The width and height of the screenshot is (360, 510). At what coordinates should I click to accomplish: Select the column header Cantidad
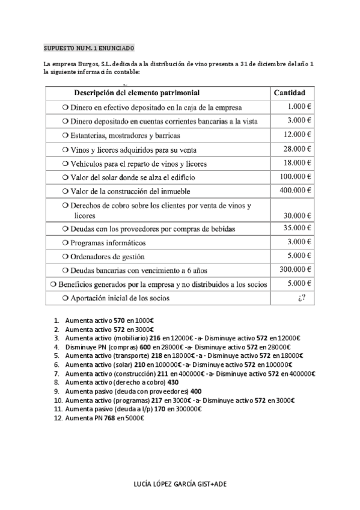pos(289,93)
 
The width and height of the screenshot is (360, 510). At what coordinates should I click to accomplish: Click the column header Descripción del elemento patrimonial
pos(136,93)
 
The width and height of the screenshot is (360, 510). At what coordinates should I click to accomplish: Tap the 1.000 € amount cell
pos(299,106)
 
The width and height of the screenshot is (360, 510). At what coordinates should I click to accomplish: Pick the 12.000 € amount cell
pos(296,134)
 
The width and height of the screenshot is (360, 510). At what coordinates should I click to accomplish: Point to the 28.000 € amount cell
pos(296,149)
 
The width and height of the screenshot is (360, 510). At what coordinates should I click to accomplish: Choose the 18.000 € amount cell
pos(296,162)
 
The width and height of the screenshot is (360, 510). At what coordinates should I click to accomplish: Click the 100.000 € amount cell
pos(294,176)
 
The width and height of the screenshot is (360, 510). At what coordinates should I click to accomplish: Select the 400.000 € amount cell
pos(294,190)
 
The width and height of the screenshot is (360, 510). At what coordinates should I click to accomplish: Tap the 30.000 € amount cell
pos(296,215)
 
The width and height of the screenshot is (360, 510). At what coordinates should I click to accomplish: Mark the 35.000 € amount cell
pos(296,229)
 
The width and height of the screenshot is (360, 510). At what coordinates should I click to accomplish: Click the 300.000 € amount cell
pos(294,269)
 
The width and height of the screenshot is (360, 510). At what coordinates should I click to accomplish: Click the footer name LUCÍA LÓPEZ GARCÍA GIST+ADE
pos(179,483)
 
